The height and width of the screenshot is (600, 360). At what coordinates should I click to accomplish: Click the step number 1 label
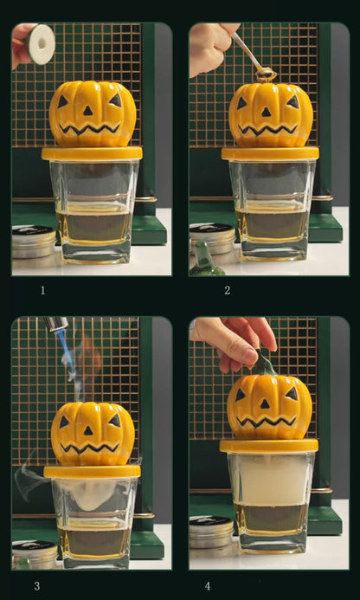click(x=43, y=290)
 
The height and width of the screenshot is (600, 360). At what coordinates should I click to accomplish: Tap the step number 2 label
click(x=228, y=290)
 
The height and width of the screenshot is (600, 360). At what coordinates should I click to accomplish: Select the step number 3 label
click(x=37, y=586)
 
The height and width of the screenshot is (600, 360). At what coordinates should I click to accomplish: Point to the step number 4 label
click(x=208, y=586)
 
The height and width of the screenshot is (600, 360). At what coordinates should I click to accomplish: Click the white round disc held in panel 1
click(x=41, y=44)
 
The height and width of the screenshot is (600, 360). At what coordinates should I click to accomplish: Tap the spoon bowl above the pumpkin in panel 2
click(x=267, y=74)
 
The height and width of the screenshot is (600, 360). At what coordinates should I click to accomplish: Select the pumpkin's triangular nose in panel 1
click(x=88, y=111)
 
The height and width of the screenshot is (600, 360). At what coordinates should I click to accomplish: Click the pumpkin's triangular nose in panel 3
click(x=88, y=430)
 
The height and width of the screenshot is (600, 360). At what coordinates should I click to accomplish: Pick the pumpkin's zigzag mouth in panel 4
click(x=267, y=421)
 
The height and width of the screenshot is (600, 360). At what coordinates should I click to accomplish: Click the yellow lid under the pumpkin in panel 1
click(x=92, y=154)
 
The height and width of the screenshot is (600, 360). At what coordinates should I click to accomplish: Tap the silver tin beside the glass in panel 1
click(x=34, y=242)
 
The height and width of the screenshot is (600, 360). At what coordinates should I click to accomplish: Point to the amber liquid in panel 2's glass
click(x=272, y=224)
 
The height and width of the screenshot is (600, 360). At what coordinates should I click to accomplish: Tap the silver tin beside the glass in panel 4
click(x=212, y=532)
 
